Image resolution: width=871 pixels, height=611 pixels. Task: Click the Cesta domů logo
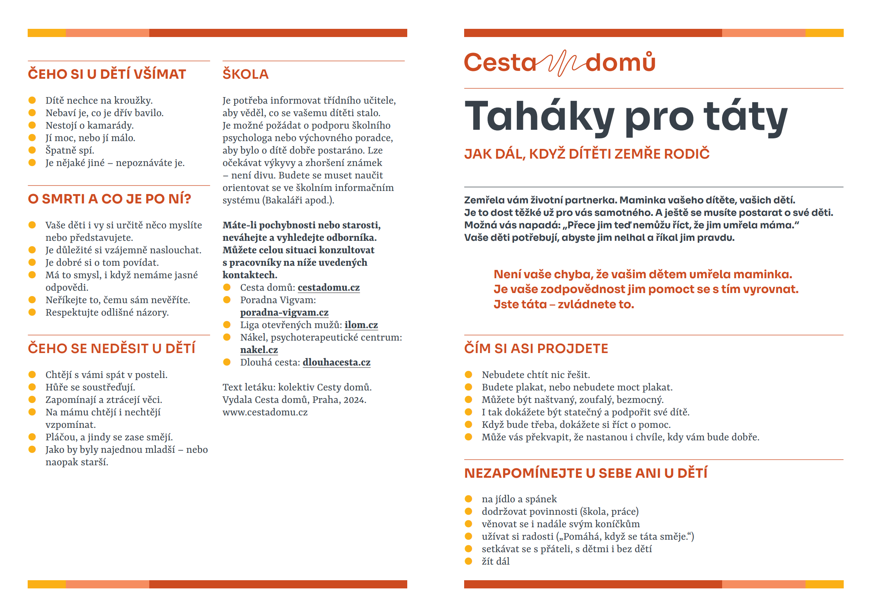(x=560, y=62)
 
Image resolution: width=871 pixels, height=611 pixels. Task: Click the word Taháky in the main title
(x=539, y=117)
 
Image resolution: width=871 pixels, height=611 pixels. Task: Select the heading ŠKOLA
(x=246, y=74)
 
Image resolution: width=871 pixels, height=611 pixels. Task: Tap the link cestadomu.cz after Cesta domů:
(x=329, y=288)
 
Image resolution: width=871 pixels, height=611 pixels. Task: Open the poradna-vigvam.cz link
(x=284, y=313)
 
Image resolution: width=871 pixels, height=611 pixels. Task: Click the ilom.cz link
(x=361, y=325)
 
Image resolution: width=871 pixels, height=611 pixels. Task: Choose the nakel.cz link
(x=259, y=350)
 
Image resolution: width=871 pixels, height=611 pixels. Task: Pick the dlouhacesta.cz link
(x=336, y=362)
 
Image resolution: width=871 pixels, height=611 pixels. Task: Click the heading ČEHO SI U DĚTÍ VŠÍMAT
(x=107, y=74)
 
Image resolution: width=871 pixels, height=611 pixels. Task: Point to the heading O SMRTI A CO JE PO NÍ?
(x=110, y=199)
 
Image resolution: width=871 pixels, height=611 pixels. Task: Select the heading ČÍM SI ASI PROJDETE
(x=536, y=348)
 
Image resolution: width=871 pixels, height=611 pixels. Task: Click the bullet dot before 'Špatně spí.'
(x=32, y=150)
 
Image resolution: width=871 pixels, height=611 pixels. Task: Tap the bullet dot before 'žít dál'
(x=468, y=561)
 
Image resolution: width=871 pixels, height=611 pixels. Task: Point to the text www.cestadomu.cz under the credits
(x=265, y=412)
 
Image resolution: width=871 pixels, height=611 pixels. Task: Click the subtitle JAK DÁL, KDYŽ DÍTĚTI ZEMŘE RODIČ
(x=587, y=154)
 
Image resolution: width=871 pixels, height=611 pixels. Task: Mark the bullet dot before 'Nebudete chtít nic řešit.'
(x=468, y=374)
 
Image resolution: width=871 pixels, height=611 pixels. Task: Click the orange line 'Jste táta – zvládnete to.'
(x=564, y=304)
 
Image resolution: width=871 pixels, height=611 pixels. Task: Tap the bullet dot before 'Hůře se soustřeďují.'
(x=32, y=387)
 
